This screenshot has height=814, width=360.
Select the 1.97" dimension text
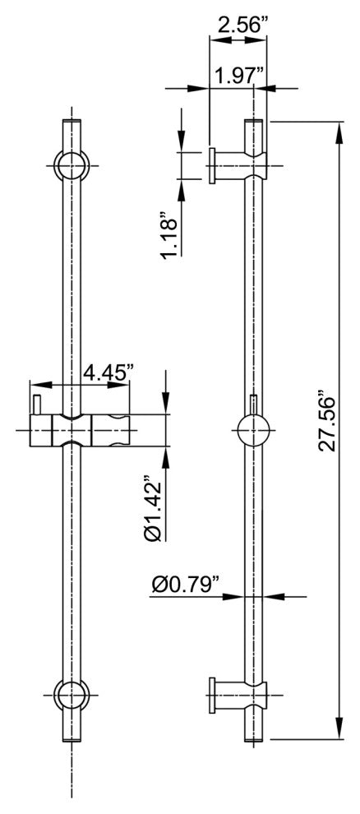coord(238,77)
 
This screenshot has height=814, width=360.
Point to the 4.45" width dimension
coord(108,372)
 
